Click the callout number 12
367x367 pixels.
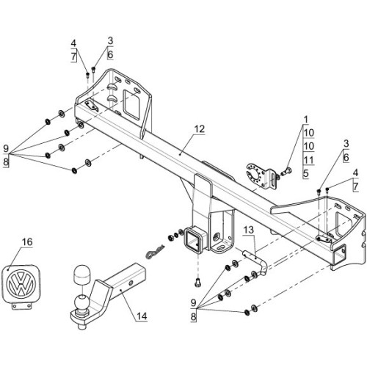click(x=200, y=129)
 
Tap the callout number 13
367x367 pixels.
click(x=249, y=230)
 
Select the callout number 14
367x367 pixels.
click(x=142, y=316)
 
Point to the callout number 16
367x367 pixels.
click(x=27, y=242)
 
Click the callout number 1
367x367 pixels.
click(x=306, y=120)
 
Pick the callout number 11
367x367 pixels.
click(x=309, y=160)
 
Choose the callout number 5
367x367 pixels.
click(x=306, y=174)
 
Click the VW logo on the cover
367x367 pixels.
click(x=21, y=283)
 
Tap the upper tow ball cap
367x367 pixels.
click(x=81, y=274)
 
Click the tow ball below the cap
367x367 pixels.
click(x=81, y=302)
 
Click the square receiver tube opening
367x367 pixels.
click(x=194, y=240)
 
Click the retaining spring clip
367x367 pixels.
click(x=155, y=252)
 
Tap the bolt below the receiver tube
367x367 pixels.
click(x=197, y=283)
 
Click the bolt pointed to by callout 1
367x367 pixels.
click(x=286, y=171)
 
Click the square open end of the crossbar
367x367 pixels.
click(x=339, y=255)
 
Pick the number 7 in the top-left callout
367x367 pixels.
click(x=73, y=57)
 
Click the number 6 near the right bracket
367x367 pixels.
click(x=346, y=157)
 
